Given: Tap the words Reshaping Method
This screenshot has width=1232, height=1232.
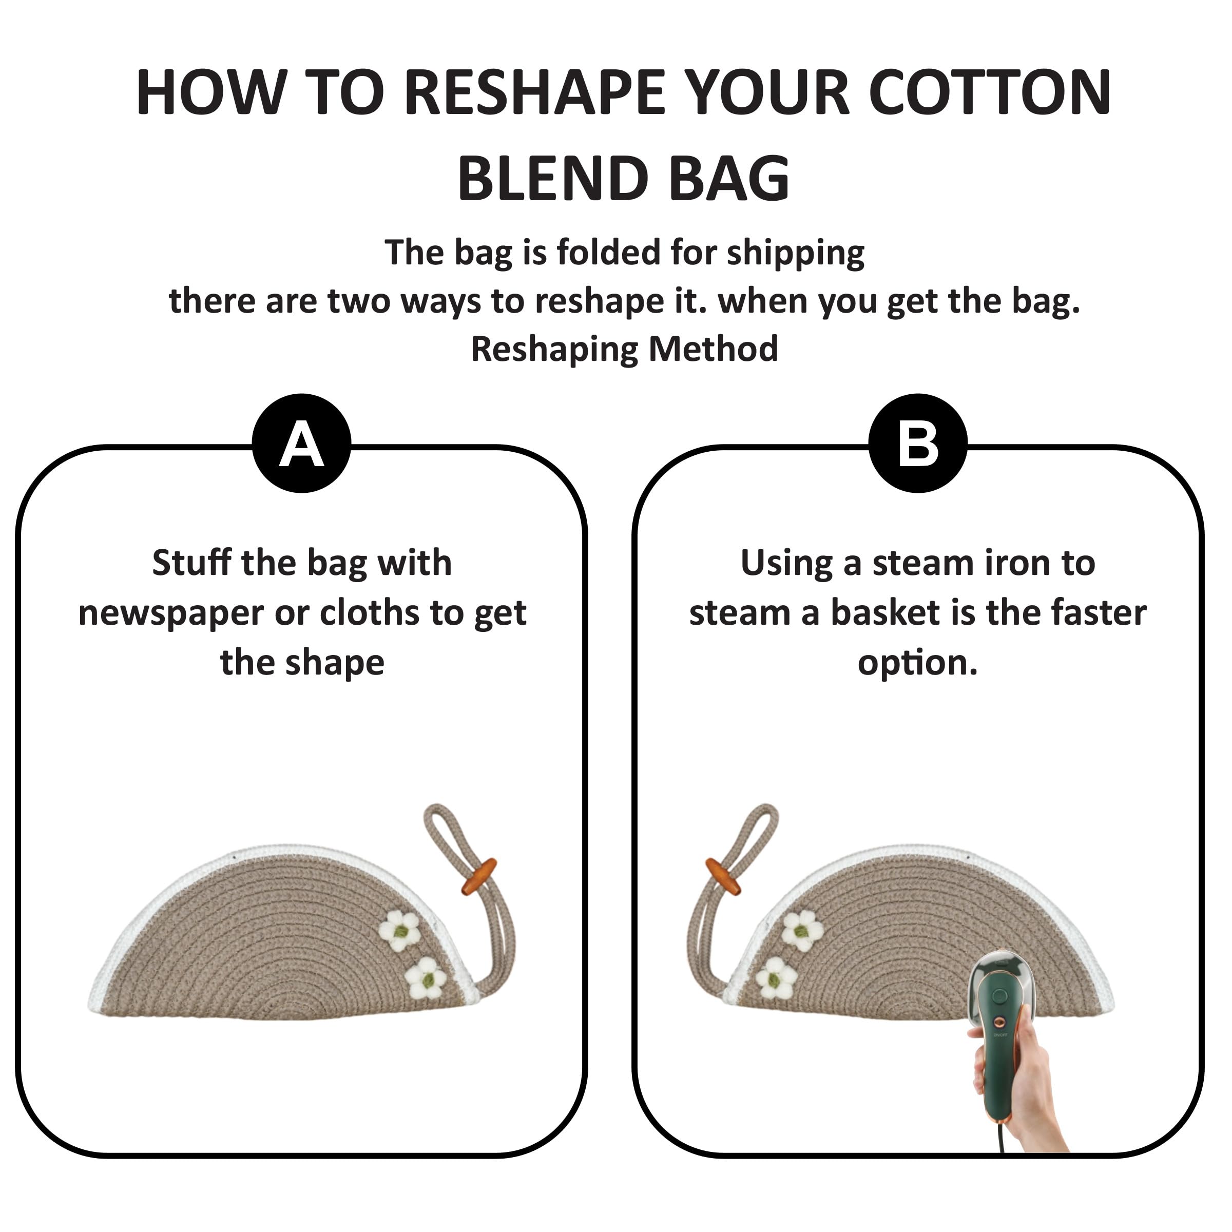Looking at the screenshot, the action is point(624,350).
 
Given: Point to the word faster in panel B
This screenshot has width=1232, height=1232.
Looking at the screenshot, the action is point(1099,613).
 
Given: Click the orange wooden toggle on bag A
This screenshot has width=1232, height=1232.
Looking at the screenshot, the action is point(479,876).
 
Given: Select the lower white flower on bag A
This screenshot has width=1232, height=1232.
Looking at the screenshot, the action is point(426,977).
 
